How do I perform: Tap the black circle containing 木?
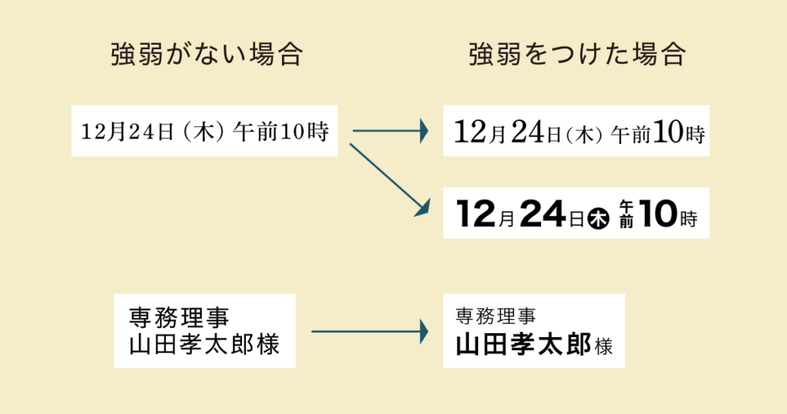599,219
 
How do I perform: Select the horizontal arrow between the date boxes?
389,132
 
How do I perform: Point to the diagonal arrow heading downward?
388,177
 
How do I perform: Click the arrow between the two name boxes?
369,332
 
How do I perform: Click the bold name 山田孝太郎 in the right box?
523,344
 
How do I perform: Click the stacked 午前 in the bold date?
626,213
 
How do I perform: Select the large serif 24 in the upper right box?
527,132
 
